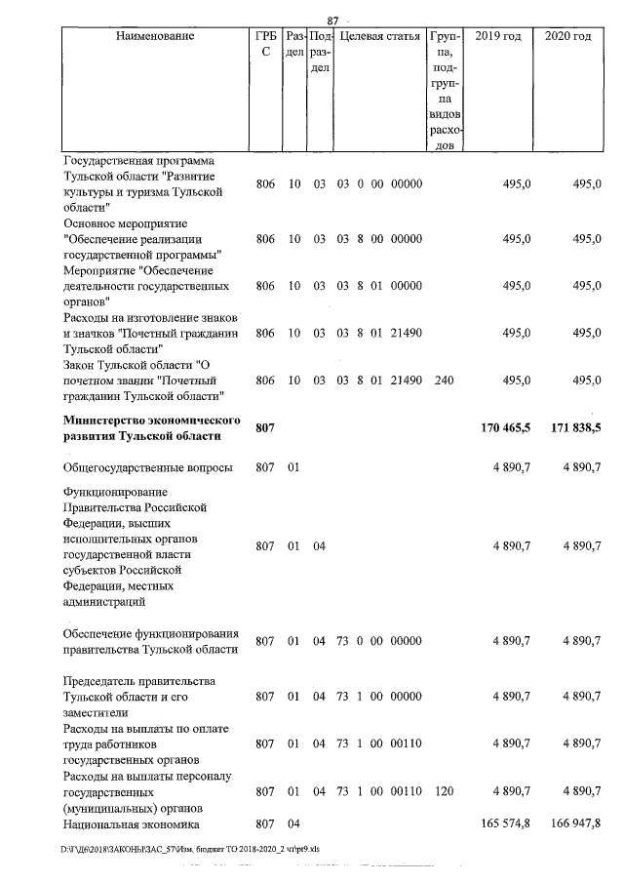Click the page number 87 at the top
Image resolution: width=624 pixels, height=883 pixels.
pos(331,20)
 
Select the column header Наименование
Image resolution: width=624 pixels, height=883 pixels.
pos(154,37)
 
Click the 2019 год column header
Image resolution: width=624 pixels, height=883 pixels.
pos(497,37)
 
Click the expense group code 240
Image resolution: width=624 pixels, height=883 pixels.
pos(445,380)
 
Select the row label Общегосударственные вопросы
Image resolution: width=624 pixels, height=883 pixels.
pos(147,468)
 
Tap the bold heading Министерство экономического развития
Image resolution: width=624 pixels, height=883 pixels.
pos(151,427)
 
